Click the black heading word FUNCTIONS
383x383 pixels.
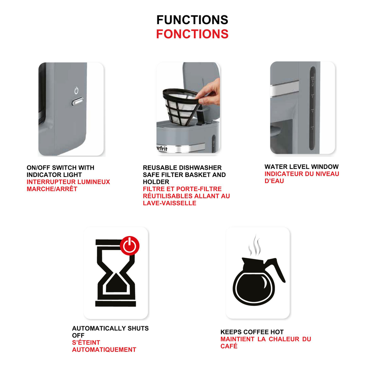192,20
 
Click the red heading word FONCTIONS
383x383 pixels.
192,34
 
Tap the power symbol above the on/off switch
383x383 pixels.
77,91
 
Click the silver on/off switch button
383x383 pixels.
77,101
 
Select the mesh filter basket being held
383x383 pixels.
180,106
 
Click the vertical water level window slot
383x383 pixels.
313,108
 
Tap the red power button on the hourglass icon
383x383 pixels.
130,246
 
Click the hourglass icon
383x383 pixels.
116,273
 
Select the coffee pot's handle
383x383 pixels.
276,269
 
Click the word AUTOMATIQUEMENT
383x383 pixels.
104,350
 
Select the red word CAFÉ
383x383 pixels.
229,346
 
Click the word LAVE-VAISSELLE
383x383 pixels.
170,203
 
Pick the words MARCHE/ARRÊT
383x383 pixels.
52,189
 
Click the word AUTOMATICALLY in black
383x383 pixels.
99,328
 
